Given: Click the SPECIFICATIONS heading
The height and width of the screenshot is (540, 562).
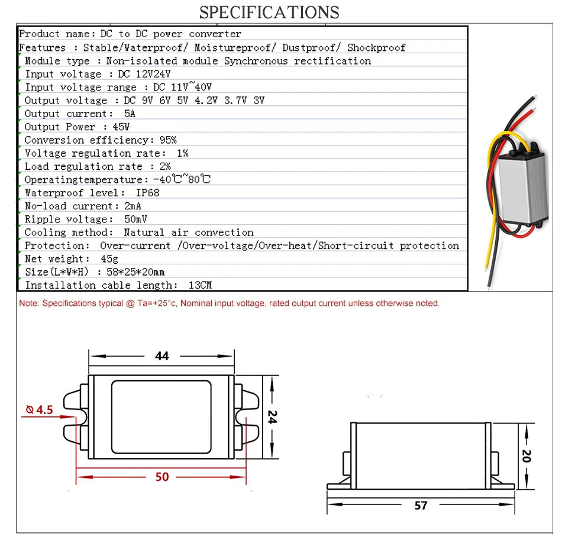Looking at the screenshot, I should click(269, 12).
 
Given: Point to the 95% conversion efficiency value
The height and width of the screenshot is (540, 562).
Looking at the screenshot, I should click(168, 140).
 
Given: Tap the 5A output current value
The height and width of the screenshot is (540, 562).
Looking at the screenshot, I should click(130, 114).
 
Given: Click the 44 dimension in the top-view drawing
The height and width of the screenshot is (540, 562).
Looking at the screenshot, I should click(162, 356).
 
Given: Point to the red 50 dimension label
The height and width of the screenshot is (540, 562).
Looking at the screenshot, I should click(162, 477).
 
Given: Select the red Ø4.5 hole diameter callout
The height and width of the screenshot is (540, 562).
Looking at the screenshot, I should click(40, 410).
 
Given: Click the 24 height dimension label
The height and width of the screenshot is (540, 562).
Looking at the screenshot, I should click(272, 417).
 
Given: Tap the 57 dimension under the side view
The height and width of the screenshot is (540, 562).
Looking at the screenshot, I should click(421, 506).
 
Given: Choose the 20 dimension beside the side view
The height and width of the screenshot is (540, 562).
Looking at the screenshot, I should click(527, 456).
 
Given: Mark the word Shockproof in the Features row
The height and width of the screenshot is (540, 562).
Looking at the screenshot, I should click(376, 47).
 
